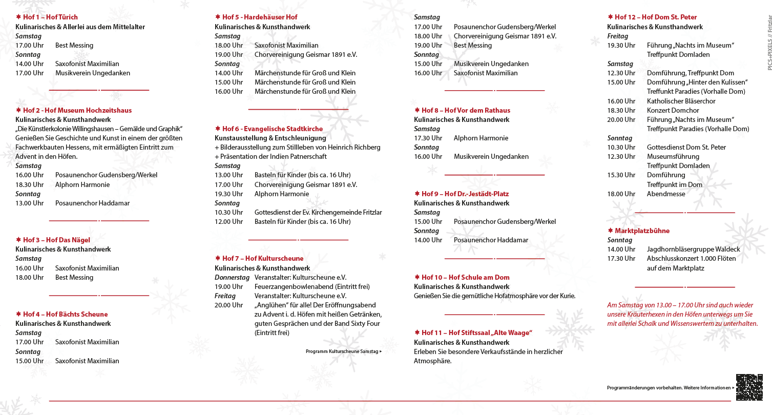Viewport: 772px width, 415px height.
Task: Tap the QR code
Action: coord(748,387)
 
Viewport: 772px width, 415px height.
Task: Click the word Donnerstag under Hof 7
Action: coord(232,277)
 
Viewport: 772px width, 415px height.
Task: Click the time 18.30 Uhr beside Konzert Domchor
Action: coord(621,110)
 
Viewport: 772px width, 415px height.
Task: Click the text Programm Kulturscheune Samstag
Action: coord(342,351)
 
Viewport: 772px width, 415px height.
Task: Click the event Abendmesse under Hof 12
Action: coord(665,194)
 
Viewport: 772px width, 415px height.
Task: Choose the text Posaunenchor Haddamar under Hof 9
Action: coord(491,240)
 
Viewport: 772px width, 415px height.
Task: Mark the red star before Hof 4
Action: coord(18,314)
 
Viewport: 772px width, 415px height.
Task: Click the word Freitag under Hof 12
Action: coord(617,36)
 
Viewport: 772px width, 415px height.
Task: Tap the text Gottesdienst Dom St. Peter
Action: coord(686,147)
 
